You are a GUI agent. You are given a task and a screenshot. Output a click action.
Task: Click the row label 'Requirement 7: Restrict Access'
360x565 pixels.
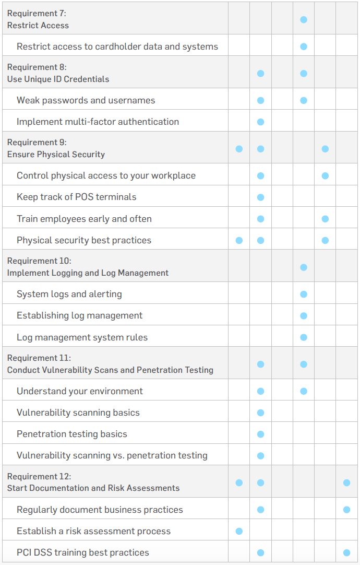(38, 19)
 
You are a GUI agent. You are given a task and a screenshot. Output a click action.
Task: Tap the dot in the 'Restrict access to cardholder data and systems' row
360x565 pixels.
(304, 46)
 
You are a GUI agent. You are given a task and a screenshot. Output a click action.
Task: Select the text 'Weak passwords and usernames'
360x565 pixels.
(86, 100)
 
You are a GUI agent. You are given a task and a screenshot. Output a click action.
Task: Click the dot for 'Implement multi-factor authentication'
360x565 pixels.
(260, 122)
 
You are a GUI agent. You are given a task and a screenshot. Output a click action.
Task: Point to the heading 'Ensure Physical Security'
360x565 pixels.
(56, 155)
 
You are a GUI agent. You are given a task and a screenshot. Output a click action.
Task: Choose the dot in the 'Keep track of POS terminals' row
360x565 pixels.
(260, 197)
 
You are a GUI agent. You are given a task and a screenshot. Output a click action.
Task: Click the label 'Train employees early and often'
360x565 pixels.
(84, 219)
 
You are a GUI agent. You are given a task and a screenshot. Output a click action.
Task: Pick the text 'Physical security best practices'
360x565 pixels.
(84, 240)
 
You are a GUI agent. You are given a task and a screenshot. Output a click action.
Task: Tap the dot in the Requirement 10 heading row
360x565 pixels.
(304, 267)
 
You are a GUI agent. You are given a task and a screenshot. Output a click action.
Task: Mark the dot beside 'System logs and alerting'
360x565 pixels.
(304, 294)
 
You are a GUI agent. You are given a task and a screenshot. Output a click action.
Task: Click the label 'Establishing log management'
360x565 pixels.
(79, 315)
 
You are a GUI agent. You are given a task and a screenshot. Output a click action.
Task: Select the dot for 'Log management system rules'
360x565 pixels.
(304, 337)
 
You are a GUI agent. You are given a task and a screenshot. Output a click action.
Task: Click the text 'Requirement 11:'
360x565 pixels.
(39, 358)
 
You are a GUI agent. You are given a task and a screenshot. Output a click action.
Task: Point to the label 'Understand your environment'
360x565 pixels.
(79, 391)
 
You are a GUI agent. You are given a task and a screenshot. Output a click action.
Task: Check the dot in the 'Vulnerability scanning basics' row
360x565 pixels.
(260, 413)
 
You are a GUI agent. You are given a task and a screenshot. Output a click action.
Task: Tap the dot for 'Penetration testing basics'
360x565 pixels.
(260, 434)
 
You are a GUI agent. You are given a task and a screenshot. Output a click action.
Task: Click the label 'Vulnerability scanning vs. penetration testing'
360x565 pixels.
(112, 455)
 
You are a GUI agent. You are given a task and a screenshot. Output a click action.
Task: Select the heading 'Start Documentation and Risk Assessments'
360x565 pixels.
(93, 488)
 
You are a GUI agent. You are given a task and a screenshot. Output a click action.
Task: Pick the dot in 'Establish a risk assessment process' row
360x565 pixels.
(239, 531)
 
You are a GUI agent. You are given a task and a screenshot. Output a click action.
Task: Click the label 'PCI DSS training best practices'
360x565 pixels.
(82, 552)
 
